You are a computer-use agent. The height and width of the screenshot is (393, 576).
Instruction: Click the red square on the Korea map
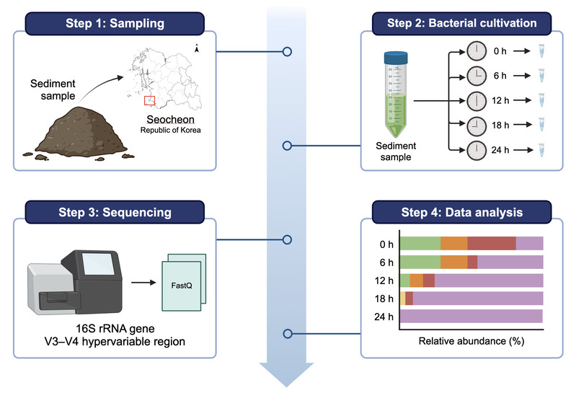tap(149, 100)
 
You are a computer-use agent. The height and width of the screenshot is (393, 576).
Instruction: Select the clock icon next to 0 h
tap(477, 51)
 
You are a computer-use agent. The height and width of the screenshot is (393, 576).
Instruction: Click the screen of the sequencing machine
tap(94, 263)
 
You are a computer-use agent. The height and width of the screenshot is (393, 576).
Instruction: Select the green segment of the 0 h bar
tap(420, 243)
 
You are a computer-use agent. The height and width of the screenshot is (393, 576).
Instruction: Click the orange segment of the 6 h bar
tap(453, 262)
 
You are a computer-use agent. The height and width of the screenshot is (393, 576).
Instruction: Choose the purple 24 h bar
tap(471, 315)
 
